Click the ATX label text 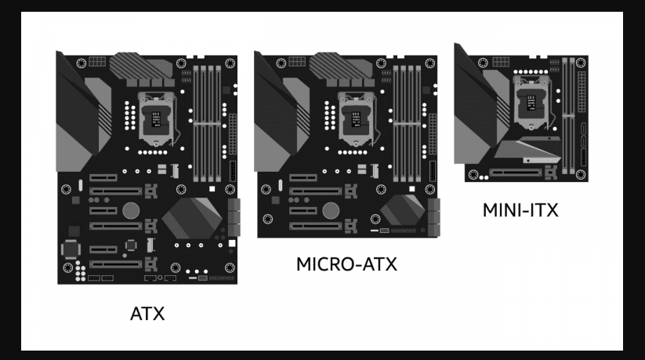(x=147, y=314)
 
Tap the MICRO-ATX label (x=346, y=264)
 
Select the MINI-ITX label (x=520, y=210)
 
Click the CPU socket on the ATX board (x=156, y=119)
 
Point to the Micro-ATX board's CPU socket (x=356, y=119)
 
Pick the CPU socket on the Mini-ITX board (x=531, y=102)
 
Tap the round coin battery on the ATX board (x=131, y=210)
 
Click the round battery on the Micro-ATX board (x=331, y=210)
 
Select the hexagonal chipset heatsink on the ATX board (x=192, y=218)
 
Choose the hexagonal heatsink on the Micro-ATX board (x=402, y=209)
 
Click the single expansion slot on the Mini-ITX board (x=516, y=173)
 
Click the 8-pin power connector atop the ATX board (x=97, y=62)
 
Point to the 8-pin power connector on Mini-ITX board (x=501, y=62)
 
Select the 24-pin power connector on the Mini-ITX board (x=582, y=92)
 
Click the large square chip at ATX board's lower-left (x=71, y=249)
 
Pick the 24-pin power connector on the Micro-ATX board (x=433, y=134)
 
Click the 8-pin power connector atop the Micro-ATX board (x=297, y=62)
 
